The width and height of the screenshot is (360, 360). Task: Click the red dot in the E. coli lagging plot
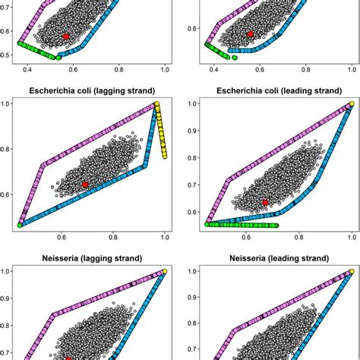click(x=85, y=185)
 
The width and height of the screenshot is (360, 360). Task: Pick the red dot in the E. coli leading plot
click(x=265, y=202)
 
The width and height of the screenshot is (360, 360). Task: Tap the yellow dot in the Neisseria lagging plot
click(x=165, y=270)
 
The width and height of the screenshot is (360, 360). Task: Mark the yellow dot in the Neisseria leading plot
click(x=351, y=271)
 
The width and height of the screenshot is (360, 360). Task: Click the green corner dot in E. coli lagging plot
click(x=20, y=226)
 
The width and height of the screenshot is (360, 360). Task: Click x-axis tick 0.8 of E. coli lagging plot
click(x=114, y=236)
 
